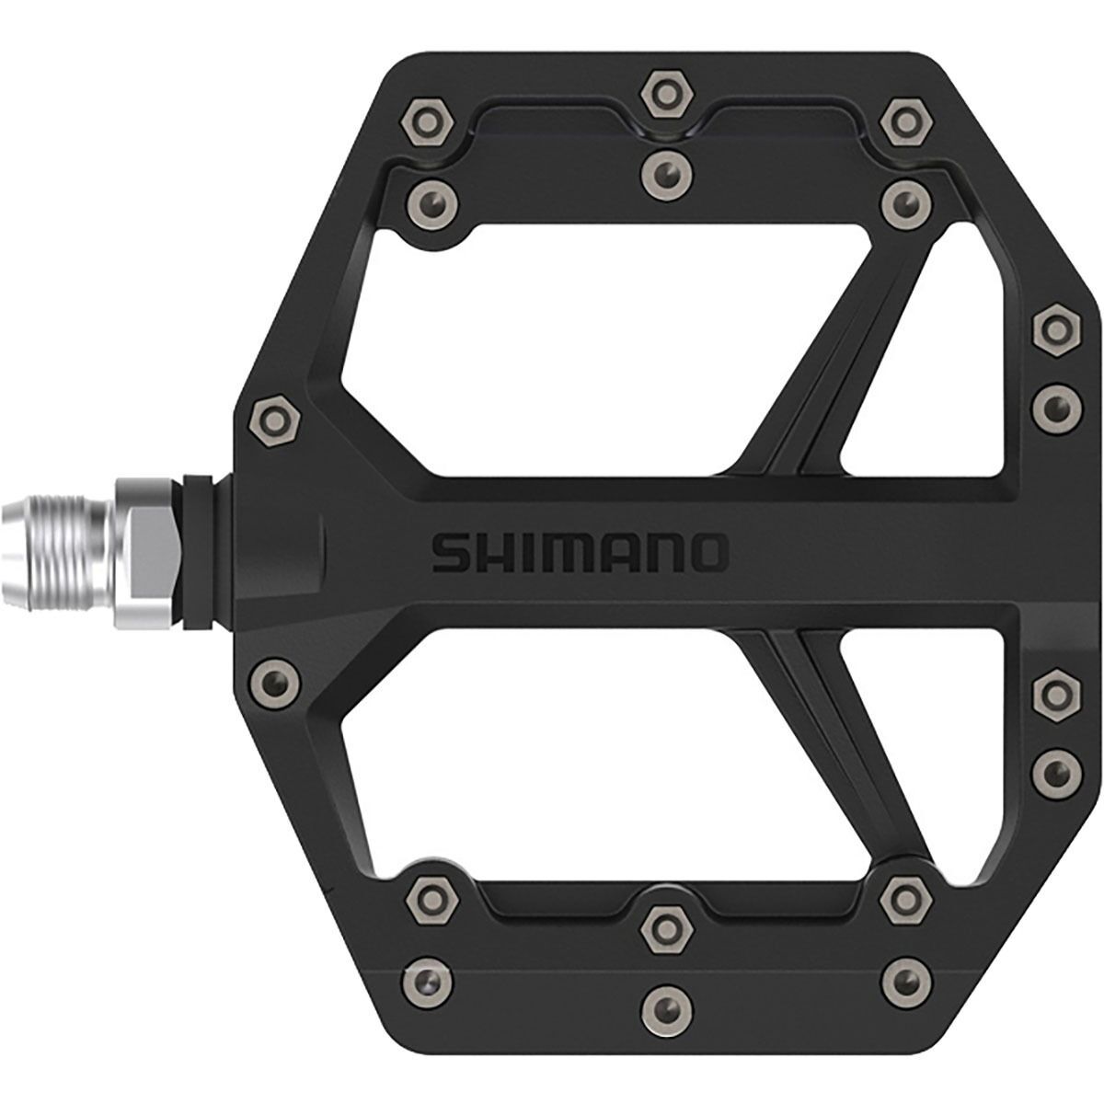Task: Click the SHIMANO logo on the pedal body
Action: (580, 552)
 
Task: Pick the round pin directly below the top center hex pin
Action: (662, 170)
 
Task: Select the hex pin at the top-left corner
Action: (426, 119)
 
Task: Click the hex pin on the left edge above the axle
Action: (274, 424)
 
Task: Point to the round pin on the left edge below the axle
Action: (274, 682)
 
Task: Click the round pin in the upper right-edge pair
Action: (1053, 406)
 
